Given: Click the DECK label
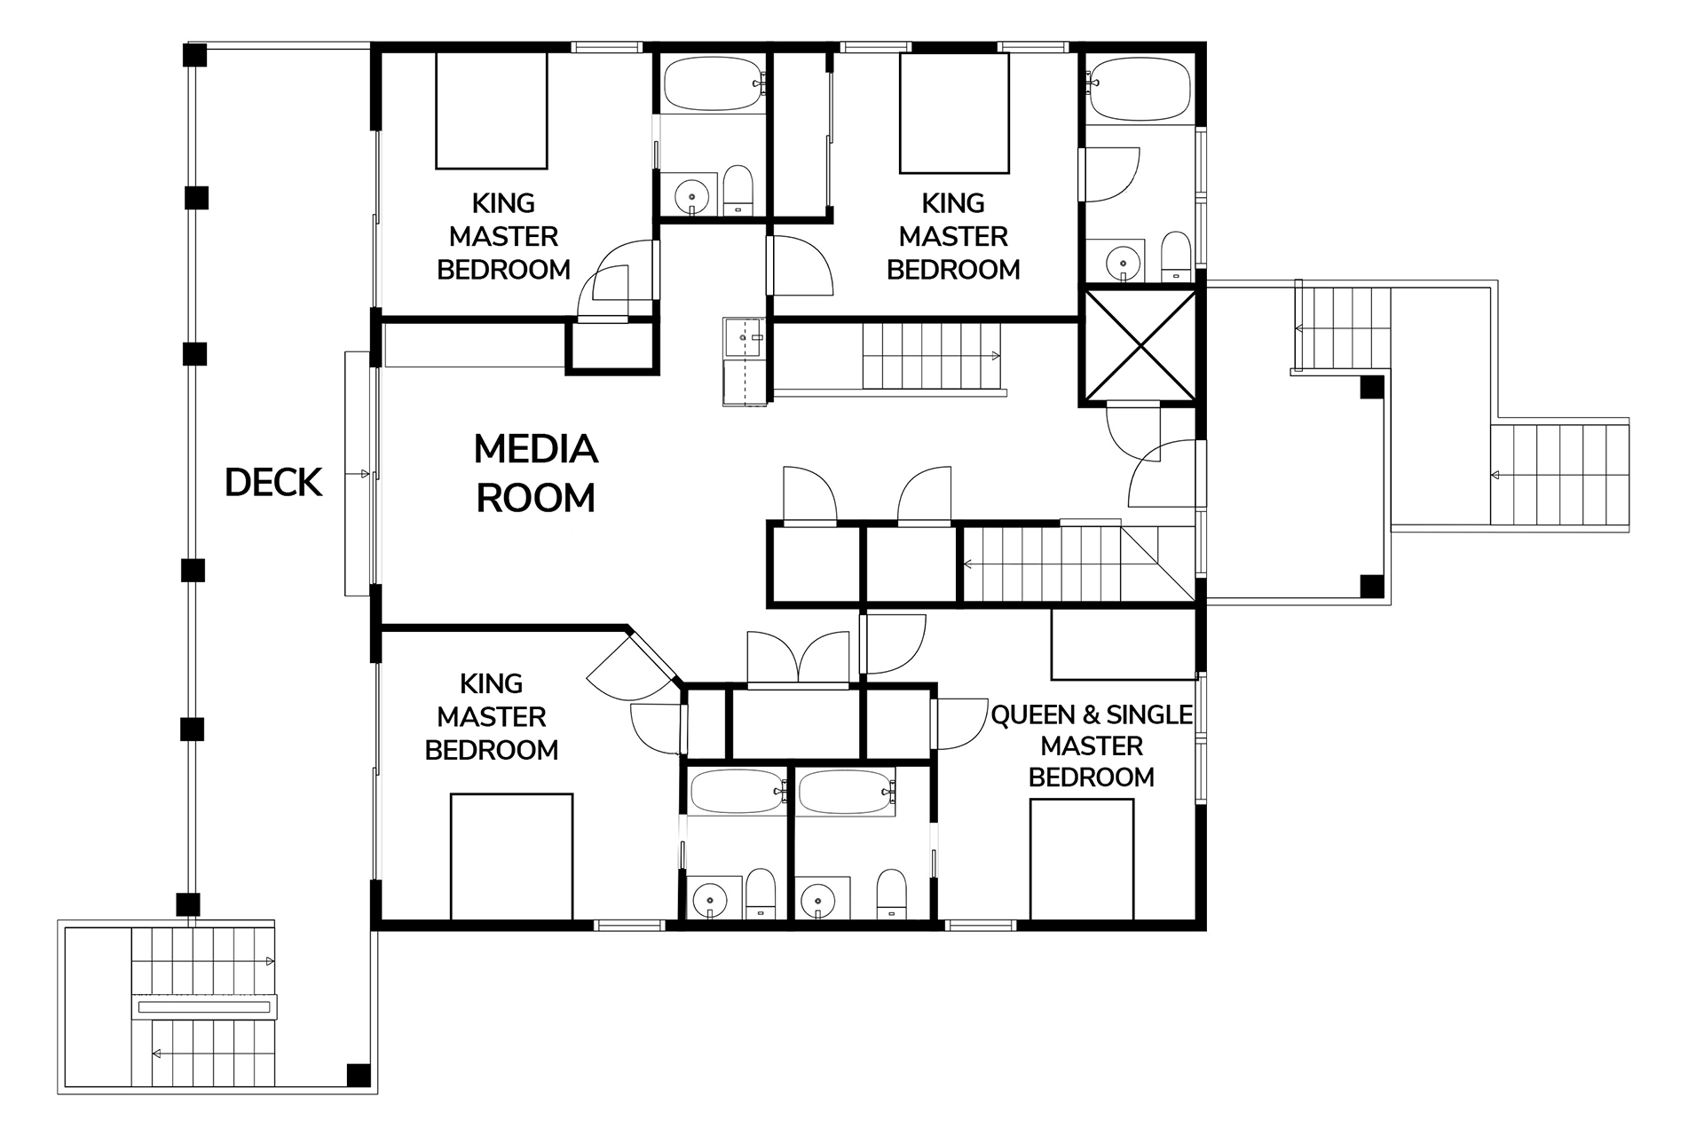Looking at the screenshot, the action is pyautogui.click(x=273, y=483).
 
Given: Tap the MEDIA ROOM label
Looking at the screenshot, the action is pyautogui.click(x=536, y=473).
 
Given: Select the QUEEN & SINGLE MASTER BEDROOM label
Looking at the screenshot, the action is pyautogui.click(x=1092, y=745).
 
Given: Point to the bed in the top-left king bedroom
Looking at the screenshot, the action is pyautogui.click(x=491, y=110).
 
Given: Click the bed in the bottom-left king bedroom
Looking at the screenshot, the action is pyautogui.click(x=511, y=857).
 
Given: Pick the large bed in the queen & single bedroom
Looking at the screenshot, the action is pyautogui.click(x=1082, y=860).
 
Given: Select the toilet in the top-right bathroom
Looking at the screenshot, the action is pyautogui.click(x=1177, y=256).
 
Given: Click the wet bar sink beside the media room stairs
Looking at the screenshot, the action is pyautogui.click(x=744, y=337).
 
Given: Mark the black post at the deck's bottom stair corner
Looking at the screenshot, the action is pyautogui.click(x=359, y=1075).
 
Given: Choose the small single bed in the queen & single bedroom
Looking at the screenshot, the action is pyautogui.click(x=1124, y=644).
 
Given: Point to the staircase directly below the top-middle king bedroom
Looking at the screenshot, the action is pyautogui.click(x=932, y=356).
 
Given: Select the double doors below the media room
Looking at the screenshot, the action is pyautogui.click(x=799, y=659).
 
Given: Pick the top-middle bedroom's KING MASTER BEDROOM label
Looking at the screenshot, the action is pyautogui.click(x=953, y=236).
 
